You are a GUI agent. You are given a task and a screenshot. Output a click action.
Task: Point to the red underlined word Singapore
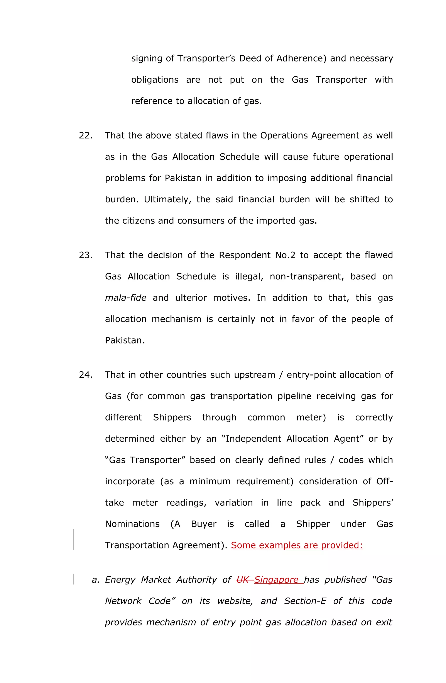(x=276, y=580)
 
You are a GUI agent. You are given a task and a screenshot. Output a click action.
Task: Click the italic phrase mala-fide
(x=125, y=298)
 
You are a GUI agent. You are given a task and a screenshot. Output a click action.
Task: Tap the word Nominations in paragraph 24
(x=132, y=524)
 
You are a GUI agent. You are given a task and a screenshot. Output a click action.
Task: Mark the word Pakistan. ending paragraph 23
(x=125, y=340)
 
